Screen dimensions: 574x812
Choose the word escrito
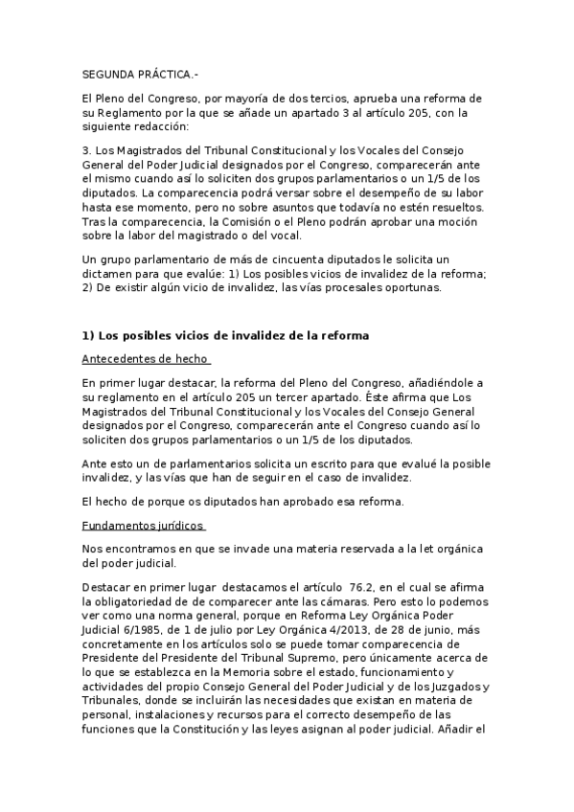coord(303,462)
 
